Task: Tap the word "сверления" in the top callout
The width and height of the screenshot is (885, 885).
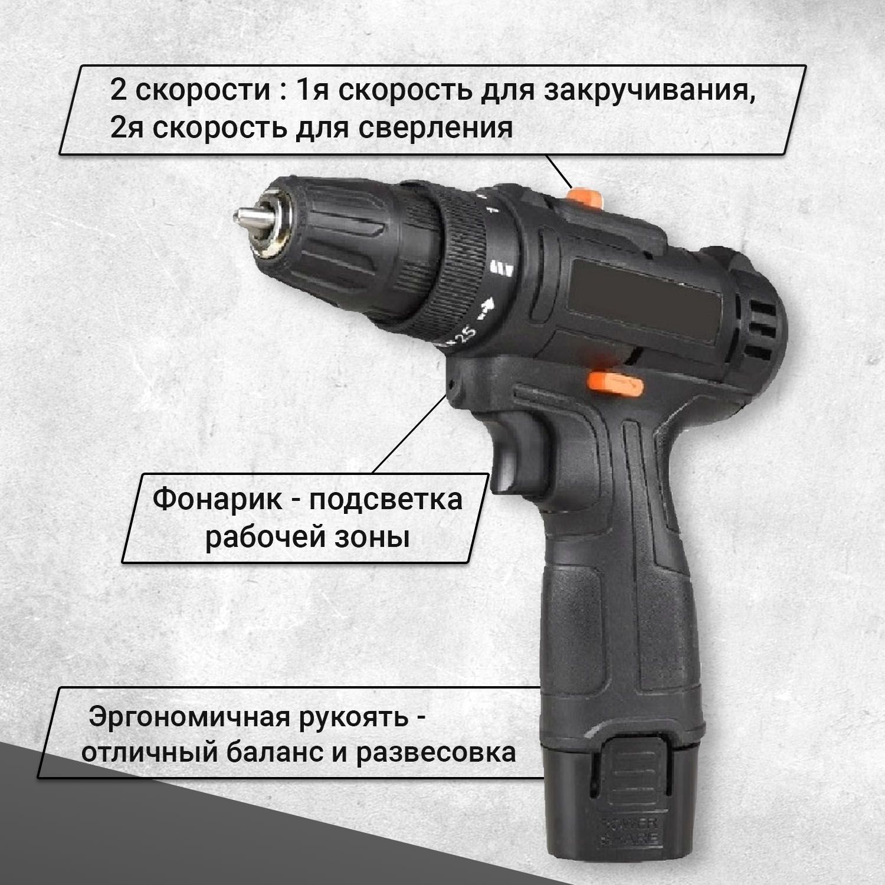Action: click(x=436, y=128)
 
